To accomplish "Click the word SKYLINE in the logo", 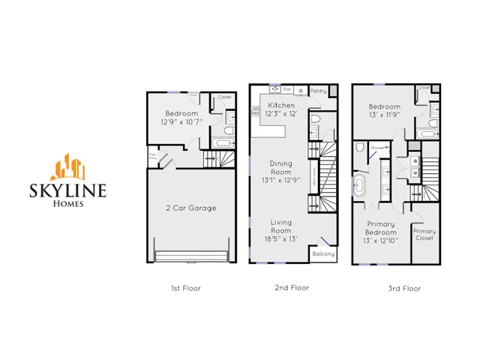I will [68, 190].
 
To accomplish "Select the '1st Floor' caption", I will [186, 288].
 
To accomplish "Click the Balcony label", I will [323, 255].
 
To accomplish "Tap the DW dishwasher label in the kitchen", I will [287, 89].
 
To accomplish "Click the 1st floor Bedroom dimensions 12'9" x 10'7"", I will [180, 121].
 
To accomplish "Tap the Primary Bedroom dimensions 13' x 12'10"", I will [382, 240].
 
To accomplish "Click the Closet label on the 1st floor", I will [224, 97].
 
